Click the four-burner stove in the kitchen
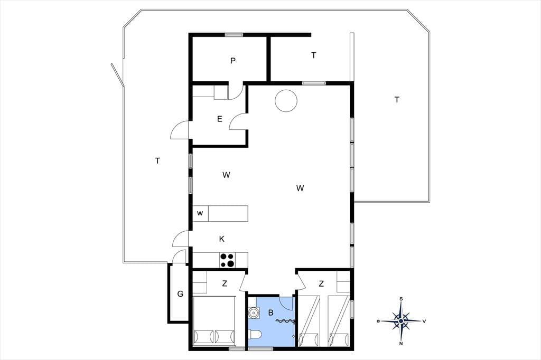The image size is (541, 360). coord(227,260)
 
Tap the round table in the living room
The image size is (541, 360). coord(286,101)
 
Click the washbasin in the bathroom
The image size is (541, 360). coord(254,312)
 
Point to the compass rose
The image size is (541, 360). coord(401,321)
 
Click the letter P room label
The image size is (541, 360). coord(233,61)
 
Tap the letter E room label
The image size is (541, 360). coord(220,119)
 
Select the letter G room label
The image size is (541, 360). coord(180,294)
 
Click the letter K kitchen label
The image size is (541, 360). coord(222,239)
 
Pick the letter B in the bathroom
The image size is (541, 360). coord(271,313)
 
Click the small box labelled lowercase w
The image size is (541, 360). coord(200,213)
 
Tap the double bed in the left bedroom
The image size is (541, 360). coord(214,321)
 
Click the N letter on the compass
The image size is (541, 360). coord(401,344)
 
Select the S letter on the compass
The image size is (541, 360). coord(402,299)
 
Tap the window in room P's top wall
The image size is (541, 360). coord(234,34)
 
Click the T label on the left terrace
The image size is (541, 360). coord(157,160)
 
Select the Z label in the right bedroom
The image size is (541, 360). coord(321,284)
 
